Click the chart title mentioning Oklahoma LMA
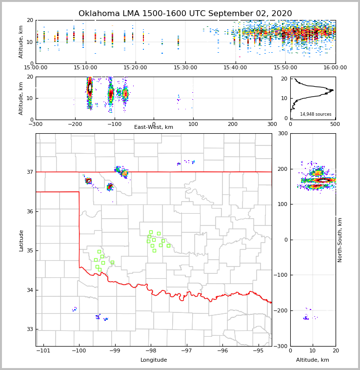[185, 14]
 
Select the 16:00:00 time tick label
[335, 67]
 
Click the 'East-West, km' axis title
[154, 127]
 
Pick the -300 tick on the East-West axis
[36, 123]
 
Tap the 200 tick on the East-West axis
[233, 123]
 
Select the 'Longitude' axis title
[154, 360]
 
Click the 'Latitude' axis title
[21, 240]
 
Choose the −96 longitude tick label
[222, 350]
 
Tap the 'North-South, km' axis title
[340, 240]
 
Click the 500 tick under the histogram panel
[335, 123]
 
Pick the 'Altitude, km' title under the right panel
[313, 360]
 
